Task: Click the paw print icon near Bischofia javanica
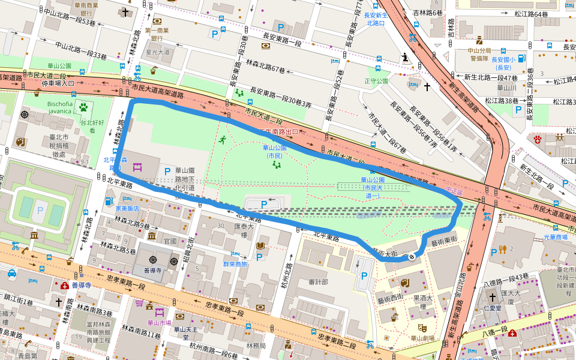pyautogui.click(x=83, y=107)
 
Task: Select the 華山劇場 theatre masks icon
pyautogui.click(x=422, y=328)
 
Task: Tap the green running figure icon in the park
pyautogui.click(x=222, y=140)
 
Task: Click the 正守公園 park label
pyautogui.click(x=376, y=80)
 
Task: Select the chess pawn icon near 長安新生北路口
pyautogui.click(x=404, y=58)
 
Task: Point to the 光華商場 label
pyautogui.click(x=556, y=237)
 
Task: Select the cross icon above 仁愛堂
pyautogui.click(x=492, y=298)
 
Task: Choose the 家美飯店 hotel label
pyautogui.click(x=127, y=209)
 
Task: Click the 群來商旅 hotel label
pyautogui.click(x=235, y=263)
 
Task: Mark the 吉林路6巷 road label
pyautogui.click(x=428, y=13)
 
